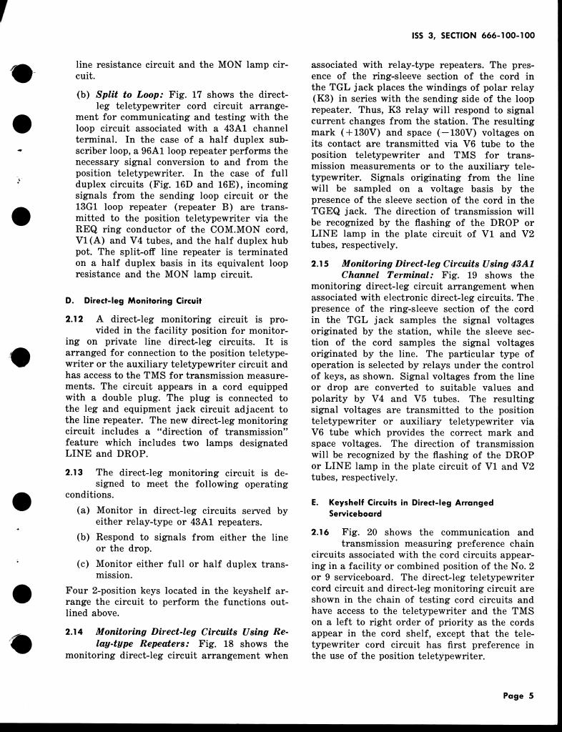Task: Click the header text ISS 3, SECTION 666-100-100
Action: point(475,35)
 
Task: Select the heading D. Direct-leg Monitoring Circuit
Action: point(133,300)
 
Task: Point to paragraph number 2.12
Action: point(74,319)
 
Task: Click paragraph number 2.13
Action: point(74,472)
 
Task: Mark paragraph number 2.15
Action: point(320,264)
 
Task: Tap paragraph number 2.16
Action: point(320,532)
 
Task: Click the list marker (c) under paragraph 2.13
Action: point(83,564)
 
